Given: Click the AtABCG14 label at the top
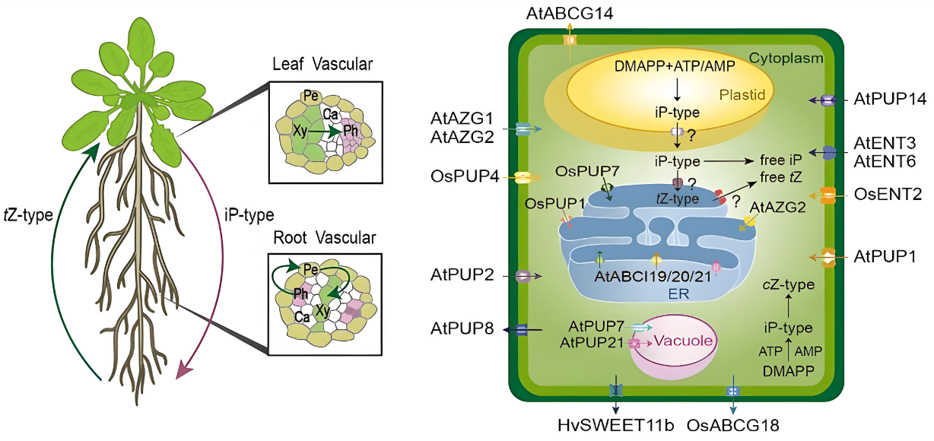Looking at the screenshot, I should (x=569, y=13).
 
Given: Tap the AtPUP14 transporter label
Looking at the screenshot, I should (x=889, y=100).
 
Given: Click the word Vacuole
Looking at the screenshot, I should (x=684, y=341).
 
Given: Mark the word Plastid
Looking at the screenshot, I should (x=742, y=94).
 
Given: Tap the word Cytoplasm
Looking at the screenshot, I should (x=786, y=58).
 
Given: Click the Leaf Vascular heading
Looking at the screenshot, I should (x=322, y=65).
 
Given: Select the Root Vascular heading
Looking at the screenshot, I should (x=322, y=238).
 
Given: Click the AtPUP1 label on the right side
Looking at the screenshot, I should (x=885, y=256).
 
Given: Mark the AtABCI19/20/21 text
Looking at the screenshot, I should (x=653, y=276).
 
